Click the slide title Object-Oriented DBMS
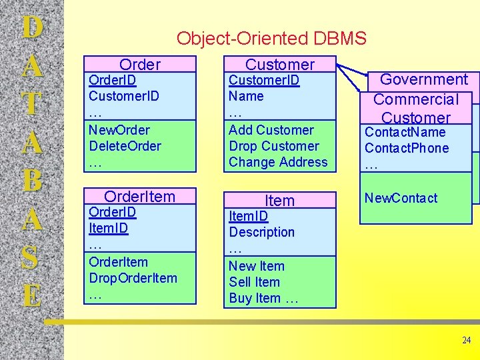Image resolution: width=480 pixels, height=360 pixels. coord(271,39)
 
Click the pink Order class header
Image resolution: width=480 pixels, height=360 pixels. coord(140,65)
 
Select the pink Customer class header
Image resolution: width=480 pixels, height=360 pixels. coord(279,65)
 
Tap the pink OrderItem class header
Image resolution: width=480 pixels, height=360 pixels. coord(140,196)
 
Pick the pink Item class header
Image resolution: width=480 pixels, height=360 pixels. coord(279,200)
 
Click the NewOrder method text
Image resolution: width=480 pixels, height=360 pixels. coord(119,130)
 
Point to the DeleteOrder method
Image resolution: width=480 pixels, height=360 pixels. coord(125,146)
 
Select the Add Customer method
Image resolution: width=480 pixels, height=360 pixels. coord(271,130)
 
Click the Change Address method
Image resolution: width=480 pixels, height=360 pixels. coord(278,162)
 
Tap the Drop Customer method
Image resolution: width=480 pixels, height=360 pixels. coord(274,146)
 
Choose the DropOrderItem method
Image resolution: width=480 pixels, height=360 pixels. coord(133,278)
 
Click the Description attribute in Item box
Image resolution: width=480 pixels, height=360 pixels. coord(261,232)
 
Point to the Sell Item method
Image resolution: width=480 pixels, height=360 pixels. coord(255,282)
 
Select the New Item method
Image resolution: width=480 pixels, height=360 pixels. coord(257,266)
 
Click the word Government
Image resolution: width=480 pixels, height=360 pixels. coord(424,80)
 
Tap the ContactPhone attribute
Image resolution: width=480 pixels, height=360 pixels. coord(407,148)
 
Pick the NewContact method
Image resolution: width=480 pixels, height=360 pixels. coord(401,198)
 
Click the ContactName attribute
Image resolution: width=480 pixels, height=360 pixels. coord(405,132)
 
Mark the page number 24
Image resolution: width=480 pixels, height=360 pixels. coord(466,341)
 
